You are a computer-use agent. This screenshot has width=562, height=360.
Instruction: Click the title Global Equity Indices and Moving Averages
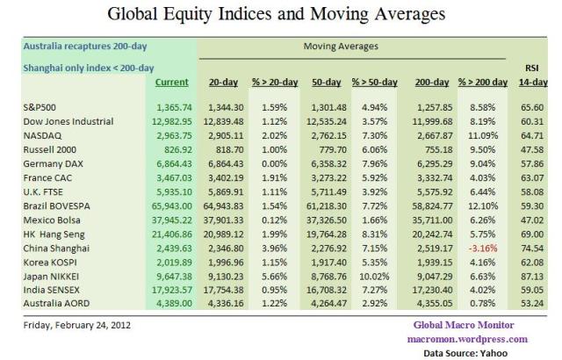pos(280,15)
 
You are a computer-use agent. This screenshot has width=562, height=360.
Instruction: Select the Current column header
pos(170,83)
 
